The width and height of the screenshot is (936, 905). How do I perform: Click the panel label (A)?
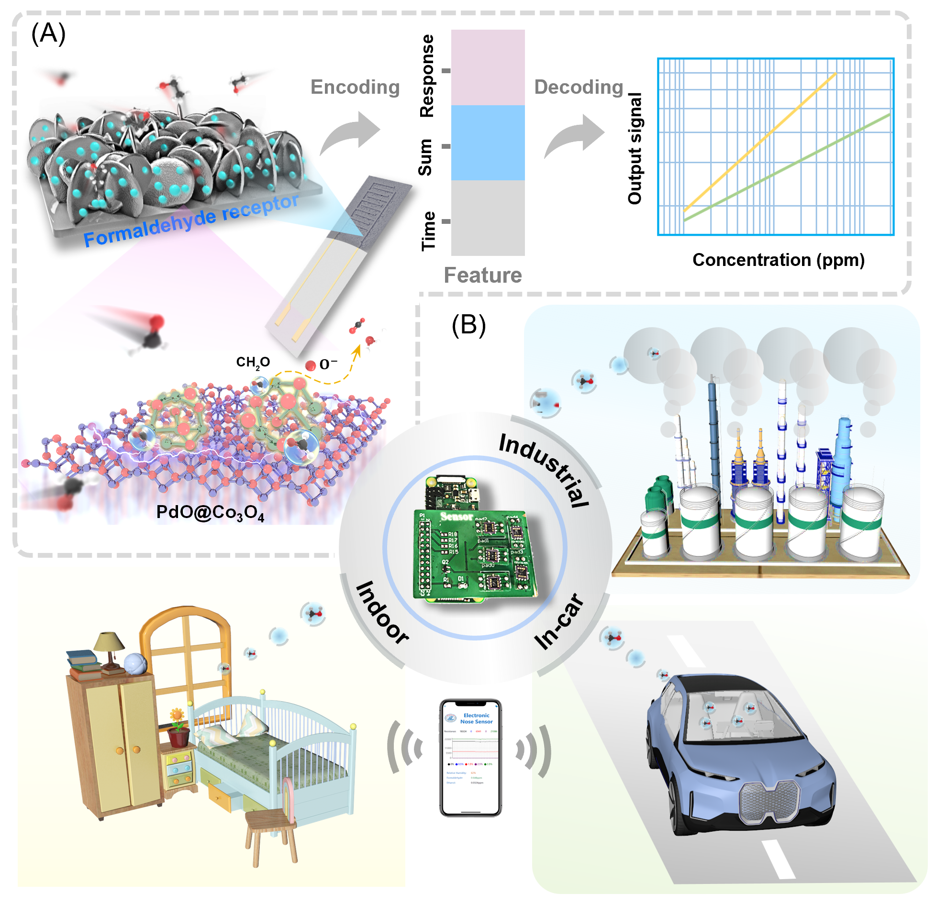(x=48, y=34)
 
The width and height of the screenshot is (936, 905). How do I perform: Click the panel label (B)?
(x=468, y=325)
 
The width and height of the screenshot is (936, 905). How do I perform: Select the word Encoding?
(x=355, y=87)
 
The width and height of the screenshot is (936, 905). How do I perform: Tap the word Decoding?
(x=579, y=87)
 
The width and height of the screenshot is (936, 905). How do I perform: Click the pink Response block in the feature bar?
(x=488, y=67)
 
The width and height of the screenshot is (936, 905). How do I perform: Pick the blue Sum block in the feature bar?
(x=488, y=143)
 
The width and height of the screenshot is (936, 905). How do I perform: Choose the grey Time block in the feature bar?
(x=488, y=218)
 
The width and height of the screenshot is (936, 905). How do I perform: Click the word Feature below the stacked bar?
(x=482, y=275)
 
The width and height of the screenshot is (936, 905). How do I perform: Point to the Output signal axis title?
(x=635, y=148)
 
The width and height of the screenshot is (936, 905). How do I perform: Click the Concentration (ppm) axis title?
(x=778, y=260)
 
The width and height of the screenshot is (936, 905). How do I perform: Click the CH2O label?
(x=253, y=362)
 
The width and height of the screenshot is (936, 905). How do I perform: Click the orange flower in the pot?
(x=177, y=716)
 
